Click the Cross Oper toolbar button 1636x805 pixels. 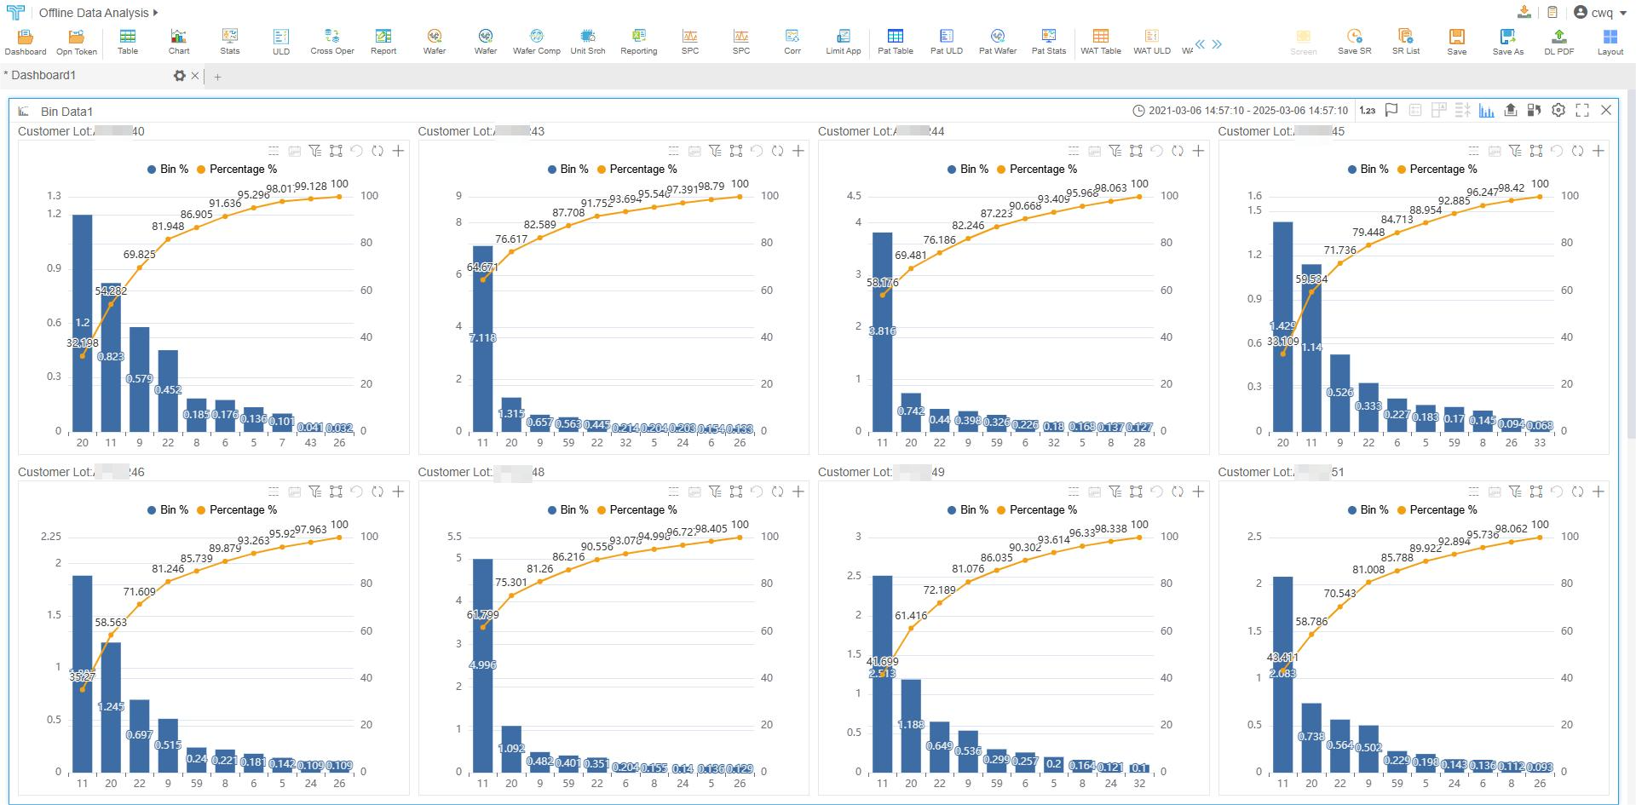[x=331, y=41]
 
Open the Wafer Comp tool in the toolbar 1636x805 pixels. [x=536, y=41]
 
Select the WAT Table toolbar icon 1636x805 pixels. [x=1100, y=41]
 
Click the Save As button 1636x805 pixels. [x=1507, y=41]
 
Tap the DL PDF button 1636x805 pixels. [x=1558, y=41]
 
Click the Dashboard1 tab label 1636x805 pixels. [x=43, y=76]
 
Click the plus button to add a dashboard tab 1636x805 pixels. [x=218, y=77]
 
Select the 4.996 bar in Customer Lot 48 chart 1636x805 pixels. [x=482, y=664]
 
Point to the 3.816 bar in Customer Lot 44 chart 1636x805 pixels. [x=882, y=331]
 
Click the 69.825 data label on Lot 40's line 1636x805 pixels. [x=139, y=255]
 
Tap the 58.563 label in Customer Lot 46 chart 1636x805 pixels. [x=111, y=623]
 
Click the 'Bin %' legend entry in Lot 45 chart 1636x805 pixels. [x=1368, y=170]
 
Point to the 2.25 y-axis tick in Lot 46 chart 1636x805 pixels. [x=51, y=537]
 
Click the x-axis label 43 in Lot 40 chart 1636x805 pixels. [x=310, y=443]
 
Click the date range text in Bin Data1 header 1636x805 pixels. [x=1247, y=111]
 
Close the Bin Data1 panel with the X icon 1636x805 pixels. [x=1606, y=110]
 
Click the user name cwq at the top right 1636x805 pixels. [x=1601, y=13]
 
